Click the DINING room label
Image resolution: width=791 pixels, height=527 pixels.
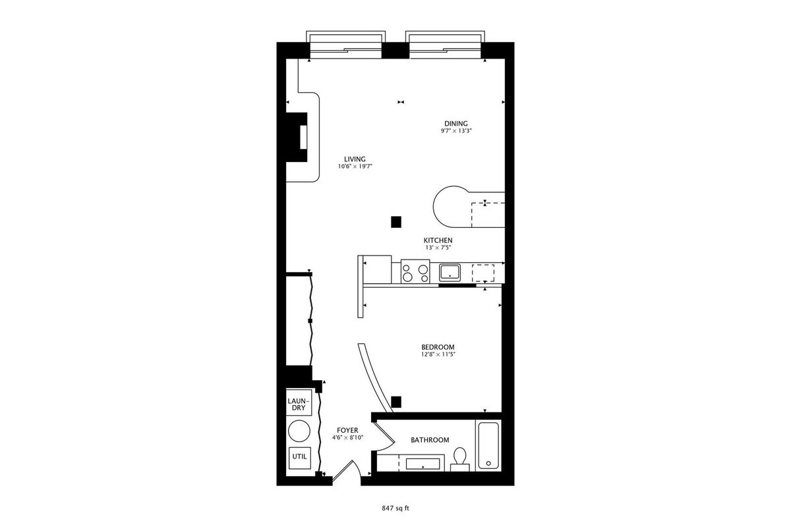[456, 124]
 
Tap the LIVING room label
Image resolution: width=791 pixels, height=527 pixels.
[355, 159]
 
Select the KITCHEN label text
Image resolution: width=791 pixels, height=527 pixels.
[438, 240]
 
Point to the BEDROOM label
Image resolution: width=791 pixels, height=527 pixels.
[438, 347]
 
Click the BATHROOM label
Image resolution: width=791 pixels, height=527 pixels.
[430, 440]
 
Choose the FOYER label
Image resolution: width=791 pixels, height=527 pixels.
[347, 430]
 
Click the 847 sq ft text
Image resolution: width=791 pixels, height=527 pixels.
[395, 509]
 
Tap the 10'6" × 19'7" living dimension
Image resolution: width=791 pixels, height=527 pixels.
[355, 166]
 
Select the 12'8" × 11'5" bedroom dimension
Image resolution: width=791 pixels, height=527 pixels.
[438, 354]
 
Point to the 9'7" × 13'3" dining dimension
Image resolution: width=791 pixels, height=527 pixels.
[456, 130]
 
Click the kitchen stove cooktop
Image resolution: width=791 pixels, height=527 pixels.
[415, 271]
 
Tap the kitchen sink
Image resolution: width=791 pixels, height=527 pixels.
[450, 272]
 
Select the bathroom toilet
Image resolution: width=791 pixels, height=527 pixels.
[460, 459]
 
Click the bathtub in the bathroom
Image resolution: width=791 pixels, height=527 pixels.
[488, 446]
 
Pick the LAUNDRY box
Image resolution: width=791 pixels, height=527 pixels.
[299, 402]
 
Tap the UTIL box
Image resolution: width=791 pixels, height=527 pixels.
[299, 458]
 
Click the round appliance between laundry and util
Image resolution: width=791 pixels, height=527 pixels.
[299, 431]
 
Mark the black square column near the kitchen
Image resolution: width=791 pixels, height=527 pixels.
[396, 222]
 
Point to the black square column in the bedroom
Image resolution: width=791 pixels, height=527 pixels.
[396, 402]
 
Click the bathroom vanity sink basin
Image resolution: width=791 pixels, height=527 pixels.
[423, 464]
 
